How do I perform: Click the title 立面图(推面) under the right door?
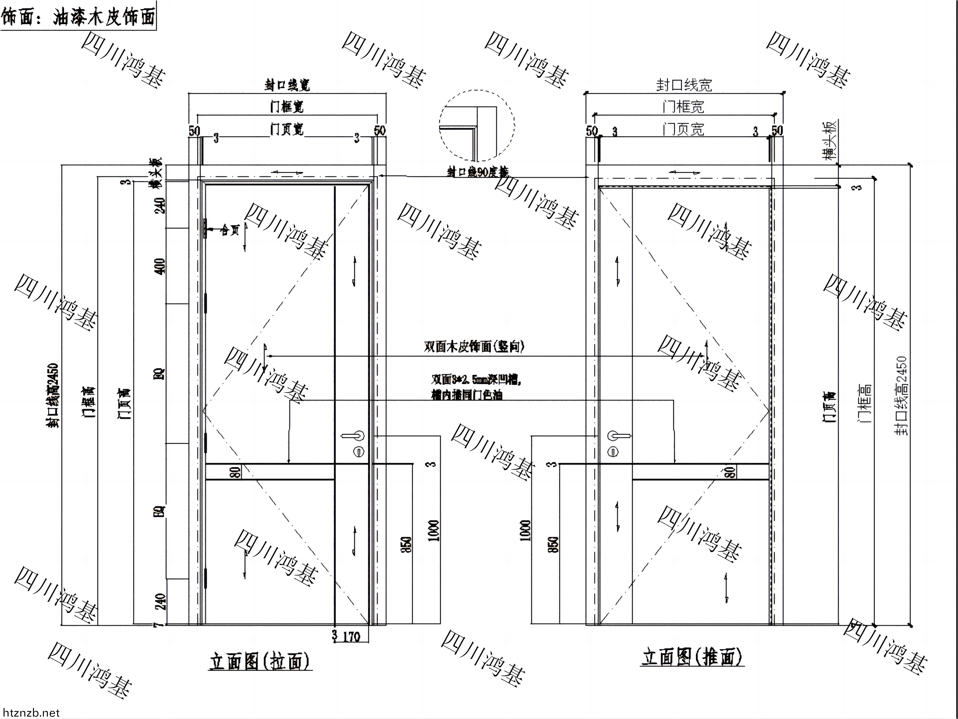coord(692,657)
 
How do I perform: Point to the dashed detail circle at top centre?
coord(477,126)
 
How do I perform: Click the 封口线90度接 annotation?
coord(478,172)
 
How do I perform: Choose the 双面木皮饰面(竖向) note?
coord(474,346)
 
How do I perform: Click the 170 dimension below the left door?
coord(351,637)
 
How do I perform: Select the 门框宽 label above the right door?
coord(684,107)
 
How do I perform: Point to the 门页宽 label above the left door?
coord(287,129)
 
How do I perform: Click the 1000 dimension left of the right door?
coord(525,530)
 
